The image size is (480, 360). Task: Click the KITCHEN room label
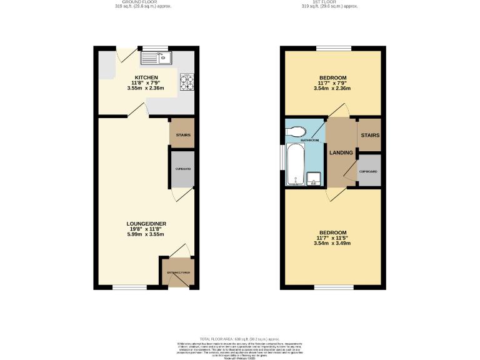pyautogui.click(x=147, y=77)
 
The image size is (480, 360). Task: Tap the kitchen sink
pyautogui.click(x=156, y=59)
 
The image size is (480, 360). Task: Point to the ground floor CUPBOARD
pyautogui.click(x=183, y=169)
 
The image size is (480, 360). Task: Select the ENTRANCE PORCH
pyautogui.click(x=177, y=272)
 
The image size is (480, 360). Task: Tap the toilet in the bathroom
pyautogui.click(x=296, y=131)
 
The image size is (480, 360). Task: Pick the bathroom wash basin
pyautogui.click(x=315, y=179)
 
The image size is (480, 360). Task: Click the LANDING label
pyautogui.click(x=341, y=152)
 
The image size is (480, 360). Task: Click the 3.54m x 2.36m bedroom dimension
pyautogui.click(x=333, y=89)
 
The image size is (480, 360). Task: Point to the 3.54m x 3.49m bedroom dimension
pyautogui.click(x=333, y=242)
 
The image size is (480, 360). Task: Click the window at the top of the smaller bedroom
pyautogui.click(x=333, y=48)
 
